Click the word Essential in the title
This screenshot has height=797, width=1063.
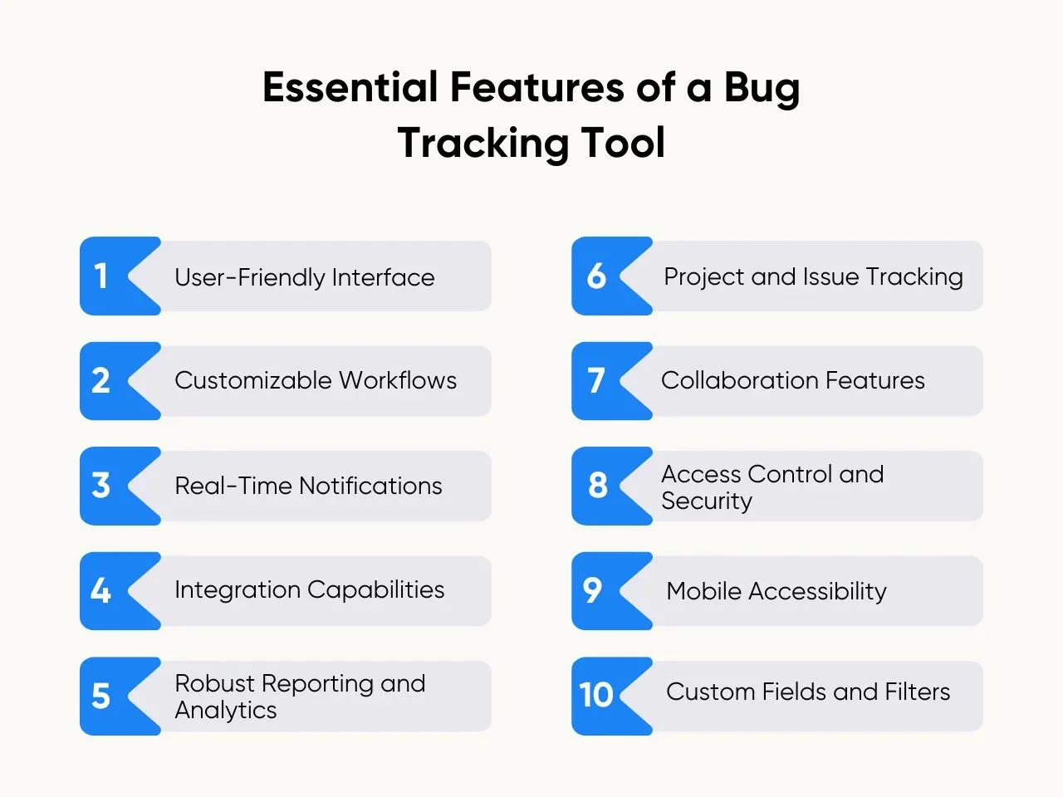coord(350,87)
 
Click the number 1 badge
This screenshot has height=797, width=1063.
coord(120,276)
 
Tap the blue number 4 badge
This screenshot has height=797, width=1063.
coord(120,591)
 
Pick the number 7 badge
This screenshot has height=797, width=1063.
coord(612,381)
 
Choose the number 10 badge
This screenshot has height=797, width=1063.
coord(612,696)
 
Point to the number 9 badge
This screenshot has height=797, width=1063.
coord(612,591)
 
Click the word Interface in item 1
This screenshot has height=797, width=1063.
coord(383,277)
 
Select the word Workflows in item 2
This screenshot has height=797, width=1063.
coord(398,380)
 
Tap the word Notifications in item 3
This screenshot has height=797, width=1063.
coord(370,486)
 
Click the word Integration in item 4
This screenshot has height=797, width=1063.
coord(238,591)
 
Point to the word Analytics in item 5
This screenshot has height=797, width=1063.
coord(226,711)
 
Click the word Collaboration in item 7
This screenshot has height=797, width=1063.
coord(739,380)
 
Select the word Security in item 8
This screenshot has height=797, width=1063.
coord(707,501)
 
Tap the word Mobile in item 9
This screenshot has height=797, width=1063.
coord(703,591)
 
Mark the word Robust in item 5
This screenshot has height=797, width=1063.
coord(214,684)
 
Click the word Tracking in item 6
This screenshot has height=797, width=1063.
coord(914,278)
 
